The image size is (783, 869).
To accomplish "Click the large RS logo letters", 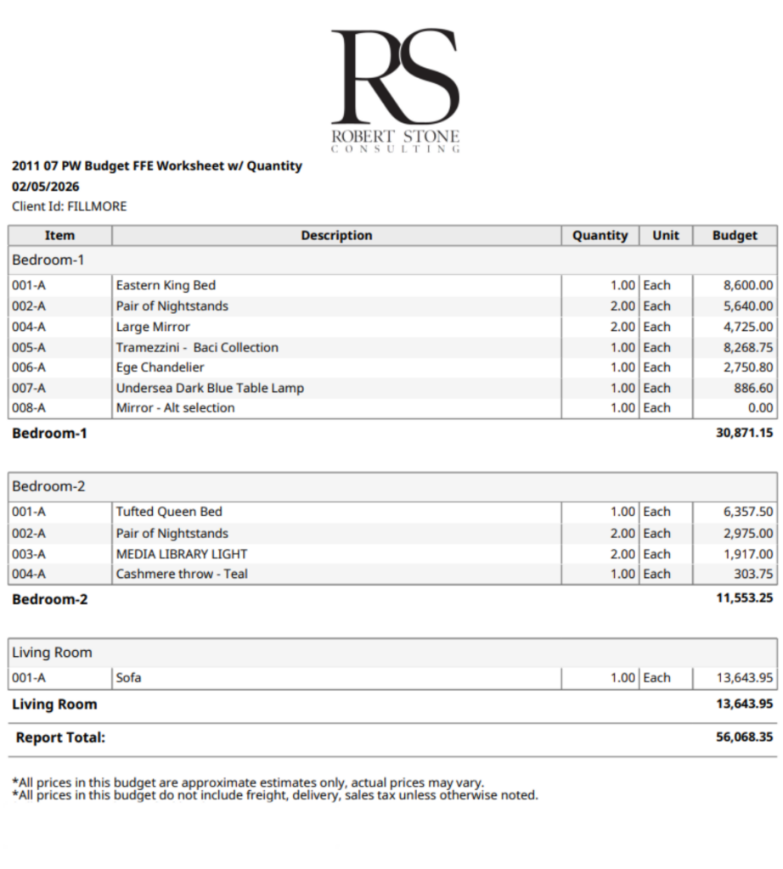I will tap(395, 76).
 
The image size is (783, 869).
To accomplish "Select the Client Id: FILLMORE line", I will tap(69, 206).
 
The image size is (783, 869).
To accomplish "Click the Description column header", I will tap(336, 236).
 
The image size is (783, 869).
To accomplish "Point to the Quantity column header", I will tap(600, 236).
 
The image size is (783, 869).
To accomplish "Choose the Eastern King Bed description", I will tap(166, 286).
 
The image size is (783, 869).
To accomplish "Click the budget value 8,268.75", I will tap(743, 347).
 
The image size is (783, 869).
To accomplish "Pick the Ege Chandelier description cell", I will tap(160, 367).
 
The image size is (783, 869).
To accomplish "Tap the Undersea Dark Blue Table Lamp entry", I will tap(210, 388).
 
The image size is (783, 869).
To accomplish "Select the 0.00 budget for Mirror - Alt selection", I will tap(758, 408).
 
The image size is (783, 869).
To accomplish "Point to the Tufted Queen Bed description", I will tap(169, 512).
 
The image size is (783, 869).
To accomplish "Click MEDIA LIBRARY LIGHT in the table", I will tap(182, 554).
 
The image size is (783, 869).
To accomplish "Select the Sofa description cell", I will tap(129, 678).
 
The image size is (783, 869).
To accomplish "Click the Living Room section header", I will tap(52, 653).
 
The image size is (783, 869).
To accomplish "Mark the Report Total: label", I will tap(60, 737).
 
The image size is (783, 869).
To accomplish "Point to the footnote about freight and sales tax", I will tap(275, 795).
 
